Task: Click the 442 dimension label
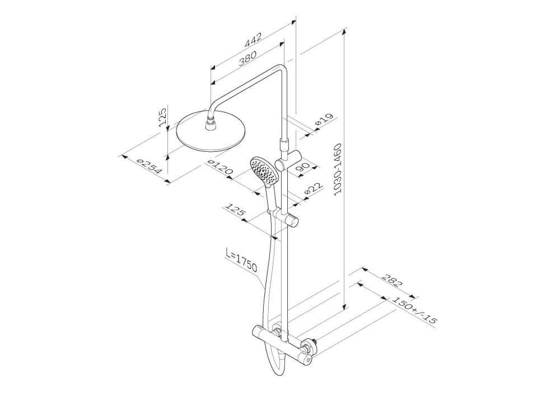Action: click(253, 40)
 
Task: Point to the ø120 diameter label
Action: click(220, 168)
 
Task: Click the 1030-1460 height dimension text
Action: click(338, 170)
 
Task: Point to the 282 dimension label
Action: click(391, 281)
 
